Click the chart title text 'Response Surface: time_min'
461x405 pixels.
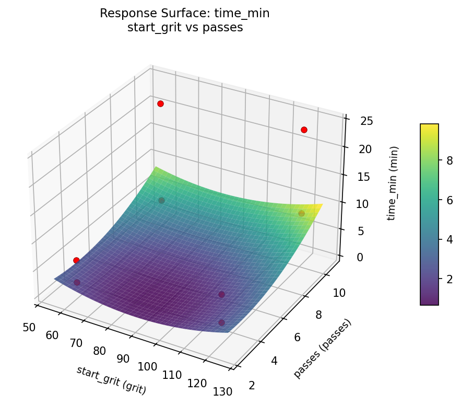tap(185, 14)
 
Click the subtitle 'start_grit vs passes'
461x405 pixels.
tap(185, 28)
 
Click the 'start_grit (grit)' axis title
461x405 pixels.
tap(111, 380)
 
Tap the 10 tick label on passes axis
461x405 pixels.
tap(339, 293)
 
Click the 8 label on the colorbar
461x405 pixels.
tap(448, 161)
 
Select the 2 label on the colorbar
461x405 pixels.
tap(448, 279)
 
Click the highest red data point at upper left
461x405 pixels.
tap(160, 103)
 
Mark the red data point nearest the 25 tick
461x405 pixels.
tap(304, 130)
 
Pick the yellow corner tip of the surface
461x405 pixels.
tap(321, 204)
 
